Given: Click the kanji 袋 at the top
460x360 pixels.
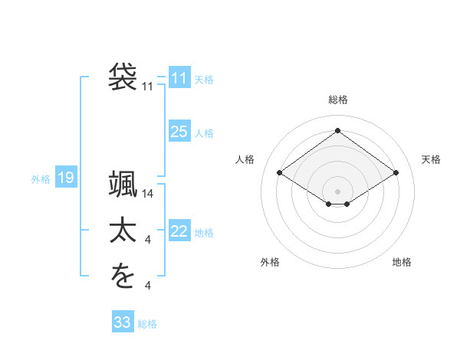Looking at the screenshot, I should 123,77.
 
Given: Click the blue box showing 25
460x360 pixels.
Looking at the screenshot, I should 179,132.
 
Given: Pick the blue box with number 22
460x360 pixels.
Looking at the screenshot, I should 179,231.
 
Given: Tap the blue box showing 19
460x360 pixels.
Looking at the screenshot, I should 66,178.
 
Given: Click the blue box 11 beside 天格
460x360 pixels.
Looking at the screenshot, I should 179,78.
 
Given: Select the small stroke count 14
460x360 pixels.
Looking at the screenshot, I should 149,195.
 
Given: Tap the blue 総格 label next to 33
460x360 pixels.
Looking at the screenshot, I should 147,324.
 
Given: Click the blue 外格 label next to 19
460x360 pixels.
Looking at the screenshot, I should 41,179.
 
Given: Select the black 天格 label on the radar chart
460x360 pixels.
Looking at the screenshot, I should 431,159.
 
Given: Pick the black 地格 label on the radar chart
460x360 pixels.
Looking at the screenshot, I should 402,262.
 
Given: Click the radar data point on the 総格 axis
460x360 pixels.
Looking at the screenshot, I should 337,129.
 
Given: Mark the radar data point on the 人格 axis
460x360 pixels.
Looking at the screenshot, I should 279,173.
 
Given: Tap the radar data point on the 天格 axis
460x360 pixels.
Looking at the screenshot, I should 396,173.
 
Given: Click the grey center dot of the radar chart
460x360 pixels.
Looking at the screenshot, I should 337,191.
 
